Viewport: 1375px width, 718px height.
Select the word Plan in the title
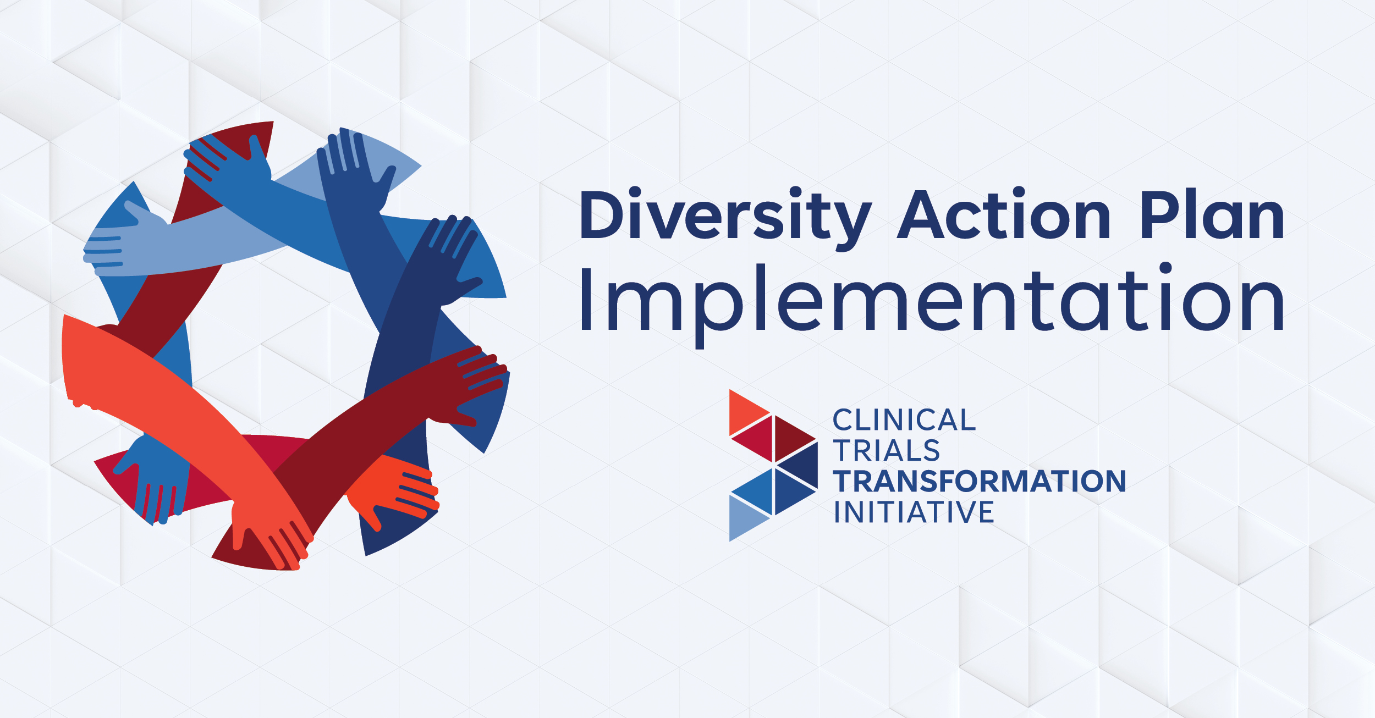click(x=1212, y=216)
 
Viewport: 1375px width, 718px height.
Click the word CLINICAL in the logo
click(x=904, y=421)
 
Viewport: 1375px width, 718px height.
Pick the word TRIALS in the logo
click(x=887, y=451)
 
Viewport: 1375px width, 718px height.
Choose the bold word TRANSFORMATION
click(x=980, y=482)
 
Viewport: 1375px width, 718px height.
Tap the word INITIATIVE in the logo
click(x=914, y=512)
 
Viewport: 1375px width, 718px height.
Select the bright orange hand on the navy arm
click(x=396, y=489)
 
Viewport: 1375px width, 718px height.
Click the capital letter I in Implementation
click(x=586, y=300)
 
